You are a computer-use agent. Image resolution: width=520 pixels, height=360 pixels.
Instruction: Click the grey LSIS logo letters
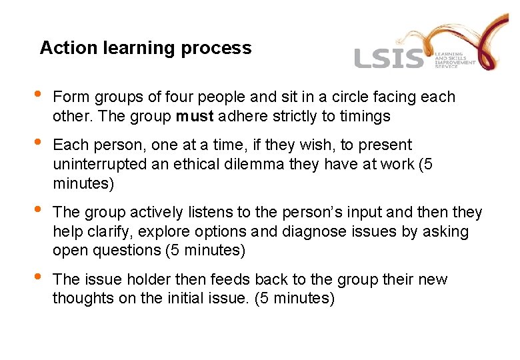389,59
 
